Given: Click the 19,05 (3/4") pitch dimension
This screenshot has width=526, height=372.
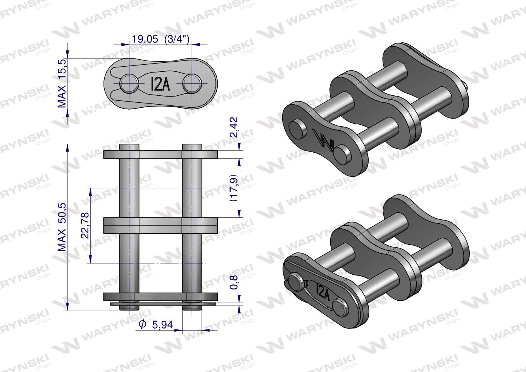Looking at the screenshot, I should click(160, 39).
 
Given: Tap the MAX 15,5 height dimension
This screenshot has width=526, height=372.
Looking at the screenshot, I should click(62, 83).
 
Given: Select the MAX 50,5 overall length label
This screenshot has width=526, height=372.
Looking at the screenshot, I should click(62, 227).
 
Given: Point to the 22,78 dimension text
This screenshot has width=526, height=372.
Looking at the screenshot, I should click(85, 225).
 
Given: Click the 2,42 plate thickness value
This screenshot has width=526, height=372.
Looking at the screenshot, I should click(233, 127).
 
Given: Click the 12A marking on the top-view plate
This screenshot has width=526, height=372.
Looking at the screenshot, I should click(160, 84).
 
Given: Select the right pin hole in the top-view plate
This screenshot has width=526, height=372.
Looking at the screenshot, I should click(191, 83).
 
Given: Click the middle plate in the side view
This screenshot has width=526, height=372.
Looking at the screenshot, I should click(160, 225).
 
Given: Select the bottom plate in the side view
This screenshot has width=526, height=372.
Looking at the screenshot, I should click(160, 296).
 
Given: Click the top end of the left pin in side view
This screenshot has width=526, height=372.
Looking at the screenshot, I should click(129, 147).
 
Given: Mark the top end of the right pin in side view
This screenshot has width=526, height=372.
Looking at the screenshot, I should click(191, 147).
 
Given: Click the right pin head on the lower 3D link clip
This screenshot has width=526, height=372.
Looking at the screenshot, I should click(341, 306).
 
